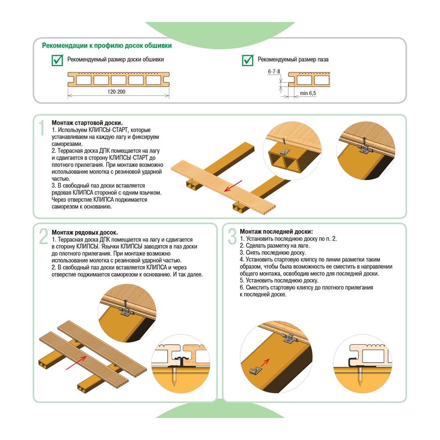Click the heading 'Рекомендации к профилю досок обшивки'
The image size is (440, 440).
point(106,45)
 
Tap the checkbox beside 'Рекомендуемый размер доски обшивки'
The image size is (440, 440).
point(58,60)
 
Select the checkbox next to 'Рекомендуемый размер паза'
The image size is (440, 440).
point(248,60)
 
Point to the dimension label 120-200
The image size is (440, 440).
point(116,92)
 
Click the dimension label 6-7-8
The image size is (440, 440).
point(274,72)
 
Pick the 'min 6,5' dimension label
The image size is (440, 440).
point(308,93)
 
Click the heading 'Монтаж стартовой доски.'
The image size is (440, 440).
point(87,123)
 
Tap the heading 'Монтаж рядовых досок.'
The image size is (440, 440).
point(85,233)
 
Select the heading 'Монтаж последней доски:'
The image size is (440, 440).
point(276,232)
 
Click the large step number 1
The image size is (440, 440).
point(41,128)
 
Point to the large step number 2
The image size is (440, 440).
point(44,237)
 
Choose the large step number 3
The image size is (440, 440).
point(232,237)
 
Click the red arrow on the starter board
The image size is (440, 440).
point(233,186)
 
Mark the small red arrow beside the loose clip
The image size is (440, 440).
point(265,362)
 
